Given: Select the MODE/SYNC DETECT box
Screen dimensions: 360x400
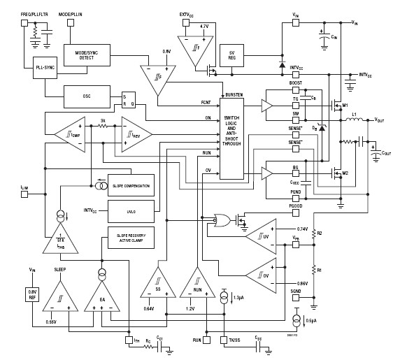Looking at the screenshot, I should pos(85,54).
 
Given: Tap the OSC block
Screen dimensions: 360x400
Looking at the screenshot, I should pos(87,94).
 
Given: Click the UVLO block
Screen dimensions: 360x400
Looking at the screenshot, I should pos(131,210).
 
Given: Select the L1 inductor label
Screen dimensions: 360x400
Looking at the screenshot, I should pos(355,113).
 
